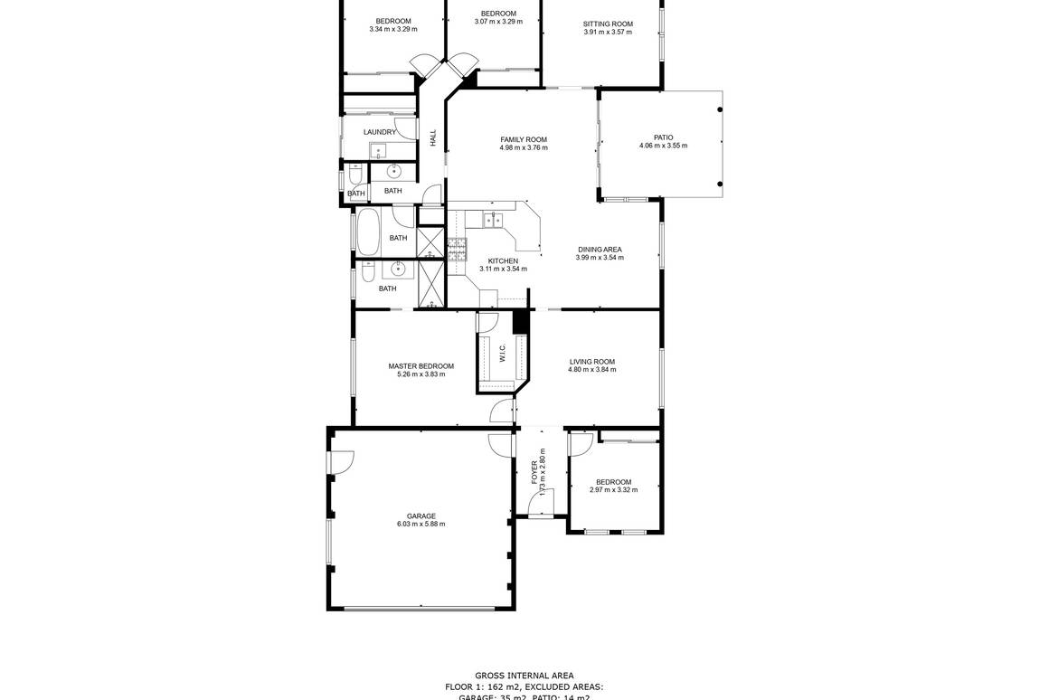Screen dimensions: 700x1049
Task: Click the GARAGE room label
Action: pos(421,516)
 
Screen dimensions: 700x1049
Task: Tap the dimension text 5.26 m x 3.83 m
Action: pos(421,374)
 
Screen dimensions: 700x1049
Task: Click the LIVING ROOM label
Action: pos(591,362)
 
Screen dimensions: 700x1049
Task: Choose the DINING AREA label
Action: pos(600,249)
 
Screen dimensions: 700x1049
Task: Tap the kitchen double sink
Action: pos(493,219)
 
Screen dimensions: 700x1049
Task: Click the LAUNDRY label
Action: pos(380,132)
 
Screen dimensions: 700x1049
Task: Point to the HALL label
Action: pos(433,138)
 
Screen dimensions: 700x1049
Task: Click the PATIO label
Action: pos(663,137)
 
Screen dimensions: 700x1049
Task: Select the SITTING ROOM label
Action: pos(608,24)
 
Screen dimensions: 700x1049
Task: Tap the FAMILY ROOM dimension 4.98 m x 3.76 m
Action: pos(524,148)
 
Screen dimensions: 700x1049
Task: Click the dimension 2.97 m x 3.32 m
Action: pos(613,490)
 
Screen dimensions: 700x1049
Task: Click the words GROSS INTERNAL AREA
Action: pos(524,676)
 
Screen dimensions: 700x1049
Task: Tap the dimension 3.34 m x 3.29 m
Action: pos(393,30)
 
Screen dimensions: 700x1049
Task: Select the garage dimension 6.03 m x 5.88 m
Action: pos(421,525)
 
